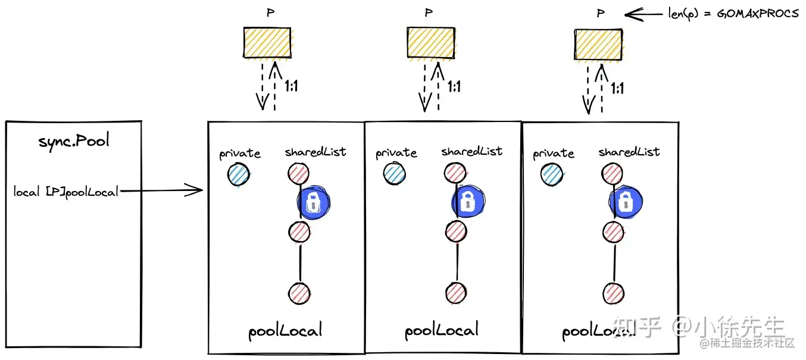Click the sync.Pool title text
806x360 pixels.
[74, 143]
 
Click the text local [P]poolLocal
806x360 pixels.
[66, 192]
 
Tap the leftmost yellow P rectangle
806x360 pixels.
[267, 43]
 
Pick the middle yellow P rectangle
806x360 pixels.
[430, 43]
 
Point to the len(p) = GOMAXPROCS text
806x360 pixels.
[733, 13]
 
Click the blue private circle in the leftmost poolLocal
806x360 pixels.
[238, 176]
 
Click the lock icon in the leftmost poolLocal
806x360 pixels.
[313, 202]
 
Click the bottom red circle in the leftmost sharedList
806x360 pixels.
[299, 292]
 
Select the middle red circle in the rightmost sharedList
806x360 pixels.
[613, 231]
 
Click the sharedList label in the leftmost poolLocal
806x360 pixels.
[315, 152]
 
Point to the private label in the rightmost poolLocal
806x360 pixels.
[554, 154]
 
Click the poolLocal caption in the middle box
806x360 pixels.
[442, 331]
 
